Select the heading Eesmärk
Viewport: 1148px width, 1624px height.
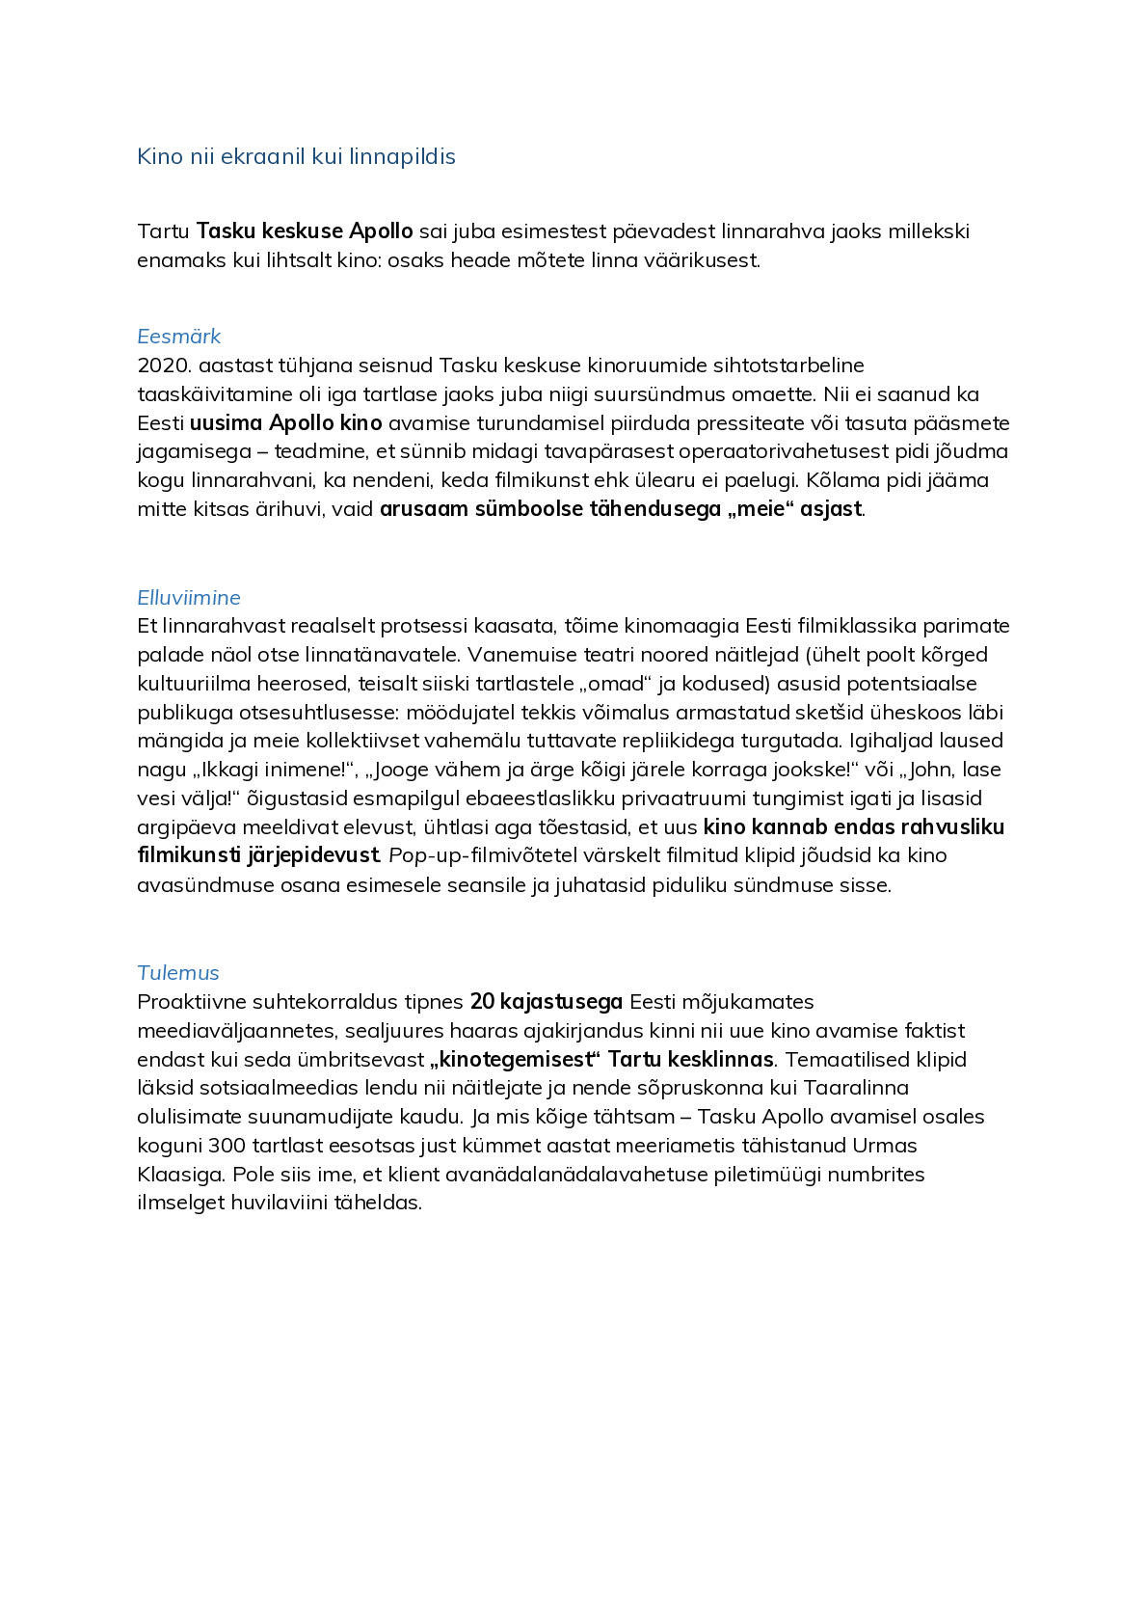(179, 337)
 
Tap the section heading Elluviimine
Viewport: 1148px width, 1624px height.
(189, 597)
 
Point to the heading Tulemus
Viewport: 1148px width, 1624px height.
(178, 972)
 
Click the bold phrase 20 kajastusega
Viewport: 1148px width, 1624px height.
(547, 1002)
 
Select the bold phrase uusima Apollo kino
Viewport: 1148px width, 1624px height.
(286, 423)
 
